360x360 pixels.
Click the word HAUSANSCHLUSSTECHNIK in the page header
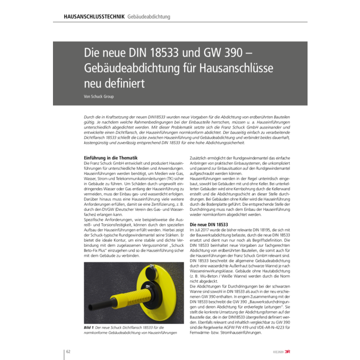point(94,16)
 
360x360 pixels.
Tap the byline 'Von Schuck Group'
point(99,96)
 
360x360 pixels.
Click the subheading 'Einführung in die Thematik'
point(110,157)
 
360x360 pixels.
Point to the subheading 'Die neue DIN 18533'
point(209,225)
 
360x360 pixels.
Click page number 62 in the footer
point(67,351)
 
